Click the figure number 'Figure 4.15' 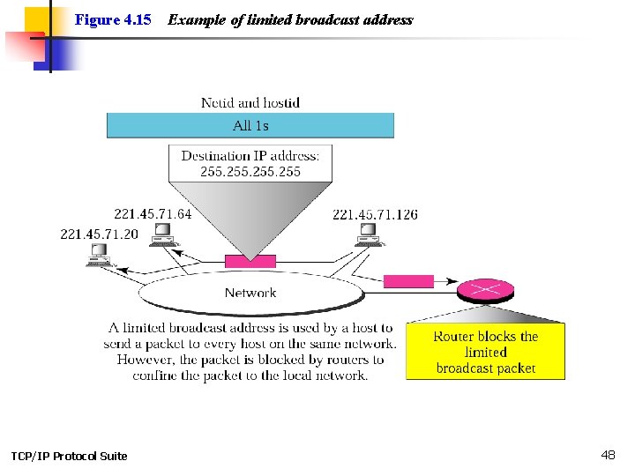coord(113,19)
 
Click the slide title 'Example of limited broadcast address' coord(290,19)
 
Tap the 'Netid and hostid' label coord(250,102)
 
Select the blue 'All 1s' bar coord(250,125)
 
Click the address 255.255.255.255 coord(250,171)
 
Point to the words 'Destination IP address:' coord(250,156)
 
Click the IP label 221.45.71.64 coord(153,214)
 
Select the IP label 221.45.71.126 coord(375,214)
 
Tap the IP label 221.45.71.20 coord(99,234)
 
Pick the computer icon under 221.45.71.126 coord(367,234)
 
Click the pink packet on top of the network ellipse coord(250,261)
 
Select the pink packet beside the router coord(408,281)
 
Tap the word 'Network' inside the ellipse coord(250,293)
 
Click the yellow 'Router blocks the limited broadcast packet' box coord(485,352)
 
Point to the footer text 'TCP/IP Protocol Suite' coord(69,456)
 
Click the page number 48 coord(608,455)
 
